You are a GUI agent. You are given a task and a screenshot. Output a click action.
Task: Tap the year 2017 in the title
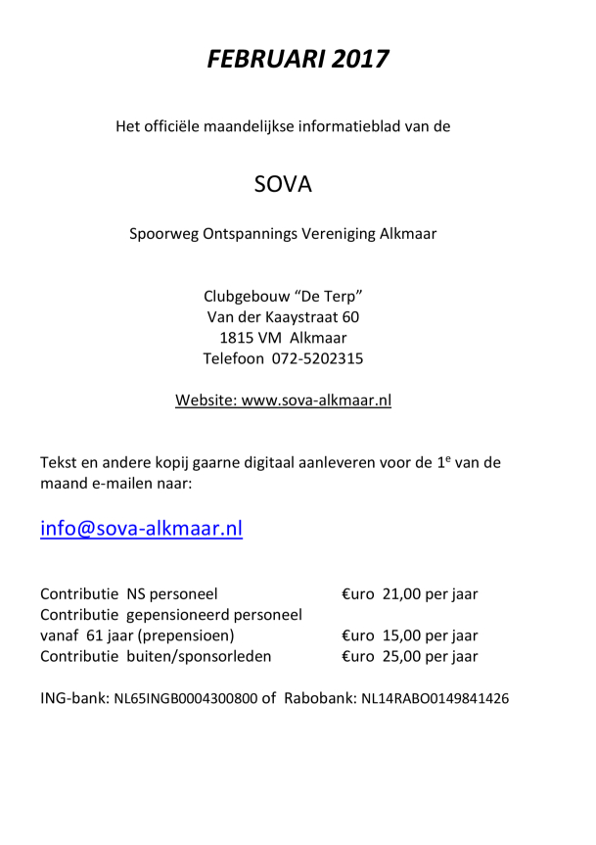pos(359,60)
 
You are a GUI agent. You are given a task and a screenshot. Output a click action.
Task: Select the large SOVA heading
pos(283,183)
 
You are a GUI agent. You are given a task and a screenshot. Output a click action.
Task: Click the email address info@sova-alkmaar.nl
pos(141,529)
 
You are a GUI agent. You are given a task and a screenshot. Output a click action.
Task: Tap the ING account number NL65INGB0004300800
pos(186,700)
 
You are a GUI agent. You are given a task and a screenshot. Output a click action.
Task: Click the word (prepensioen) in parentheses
pos(180,635)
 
